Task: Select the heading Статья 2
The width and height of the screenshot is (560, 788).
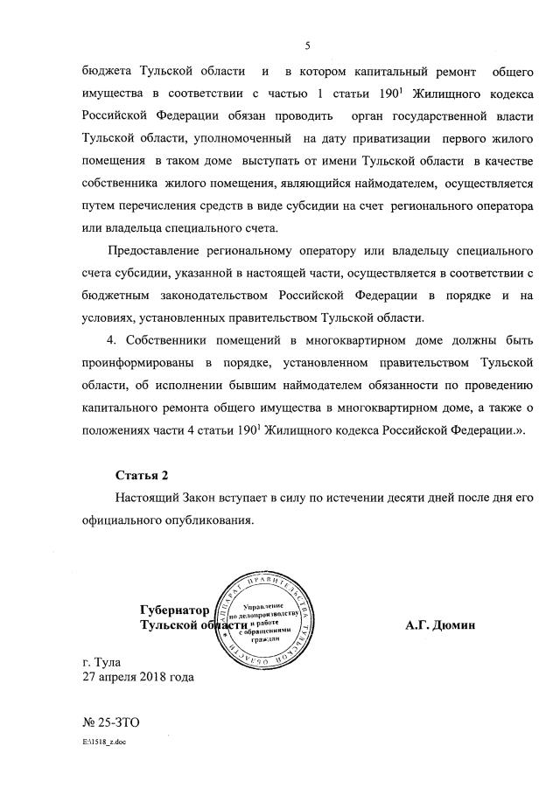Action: pyautogui.click(x=142, y=475)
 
